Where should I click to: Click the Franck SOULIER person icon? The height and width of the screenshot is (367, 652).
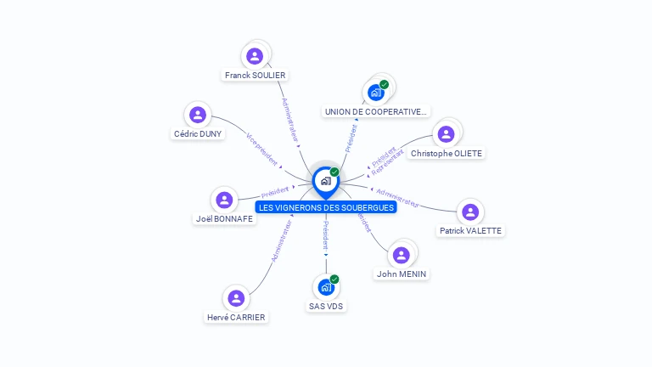pyautogui.click(x=254, y=56)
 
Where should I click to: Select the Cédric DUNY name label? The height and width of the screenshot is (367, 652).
pyautogui.click(x=198, y=133)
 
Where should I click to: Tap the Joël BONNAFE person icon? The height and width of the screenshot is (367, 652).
pyautogui.click(x=224, y=200)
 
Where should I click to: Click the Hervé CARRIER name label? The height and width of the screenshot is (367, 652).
pyautogui.click(x=236, y=317)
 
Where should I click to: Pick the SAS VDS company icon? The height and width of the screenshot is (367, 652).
pyautogui.click(x=325, y=287)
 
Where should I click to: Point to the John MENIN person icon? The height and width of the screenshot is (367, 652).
pyautogui.click(x=402, y=254)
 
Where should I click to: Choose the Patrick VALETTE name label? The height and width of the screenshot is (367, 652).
pyautogui.click(x=470, y=230)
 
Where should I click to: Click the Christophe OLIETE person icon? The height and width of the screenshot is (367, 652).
pyautogui.click(x=446, y=133)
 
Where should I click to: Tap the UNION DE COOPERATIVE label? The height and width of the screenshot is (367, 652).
pyautogui.click(x=376, y=111)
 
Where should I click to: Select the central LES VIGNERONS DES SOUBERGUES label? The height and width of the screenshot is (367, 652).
pyautogui.click(x=327, y=207)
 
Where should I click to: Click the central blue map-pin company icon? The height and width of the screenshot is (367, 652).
pyautogui.click(x=325, y=181)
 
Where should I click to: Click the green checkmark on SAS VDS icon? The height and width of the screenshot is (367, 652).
pyautogui.click(x=334, y=279)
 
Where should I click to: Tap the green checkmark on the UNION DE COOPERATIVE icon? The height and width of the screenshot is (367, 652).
pyautogui.click(x=385, y=84)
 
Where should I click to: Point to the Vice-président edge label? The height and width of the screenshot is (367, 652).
pyautogui.click(x=261, y=149)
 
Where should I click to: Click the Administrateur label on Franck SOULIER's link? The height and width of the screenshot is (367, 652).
pyautogui.click(x=289, y=119)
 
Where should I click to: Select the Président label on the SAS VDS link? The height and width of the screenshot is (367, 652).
pyautogui.click(x=326, y=234)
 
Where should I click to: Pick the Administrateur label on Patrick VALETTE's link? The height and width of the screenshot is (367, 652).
pyautogui.click(x=397, y=197)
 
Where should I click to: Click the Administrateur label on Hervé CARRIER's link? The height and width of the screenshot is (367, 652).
pyautogui.click(x=281, y=242)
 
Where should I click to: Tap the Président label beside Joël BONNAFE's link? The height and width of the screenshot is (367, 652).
pyautogui.click(x=275, y=191)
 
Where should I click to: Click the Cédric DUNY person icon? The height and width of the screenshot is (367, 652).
pyautogui.click(x=198, y=115)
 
